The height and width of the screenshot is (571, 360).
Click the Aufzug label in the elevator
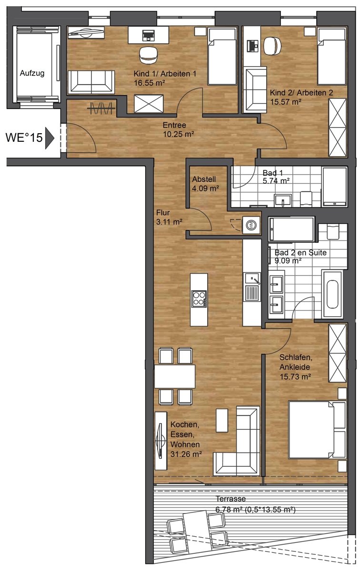(32, 73)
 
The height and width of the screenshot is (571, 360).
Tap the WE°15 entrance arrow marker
(50, 138)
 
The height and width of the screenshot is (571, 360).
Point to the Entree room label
(174, 125)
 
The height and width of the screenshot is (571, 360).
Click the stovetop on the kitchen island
(199, 299)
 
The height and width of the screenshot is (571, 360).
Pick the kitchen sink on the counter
(252, 279)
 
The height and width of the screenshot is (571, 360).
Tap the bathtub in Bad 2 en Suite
(332, 295)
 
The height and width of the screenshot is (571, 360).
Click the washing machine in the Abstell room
(252, 225)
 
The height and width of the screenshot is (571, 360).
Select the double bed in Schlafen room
(318, 430)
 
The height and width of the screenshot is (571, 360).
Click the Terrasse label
(230, 498)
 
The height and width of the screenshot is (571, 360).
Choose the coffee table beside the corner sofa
(222, 420)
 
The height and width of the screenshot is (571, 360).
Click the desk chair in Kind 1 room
(149, 55)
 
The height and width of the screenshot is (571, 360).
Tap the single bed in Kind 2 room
(332, 57)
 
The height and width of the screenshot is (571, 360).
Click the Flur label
(163, 212)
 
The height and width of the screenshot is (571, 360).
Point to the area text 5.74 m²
(276, 181)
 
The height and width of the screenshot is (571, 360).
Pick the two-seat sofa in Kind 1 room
(91, 82)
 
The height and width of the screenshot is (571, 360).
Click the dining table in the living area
(175, 376)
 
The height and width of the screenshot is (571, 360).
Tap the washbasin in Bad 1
(283, 200)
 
